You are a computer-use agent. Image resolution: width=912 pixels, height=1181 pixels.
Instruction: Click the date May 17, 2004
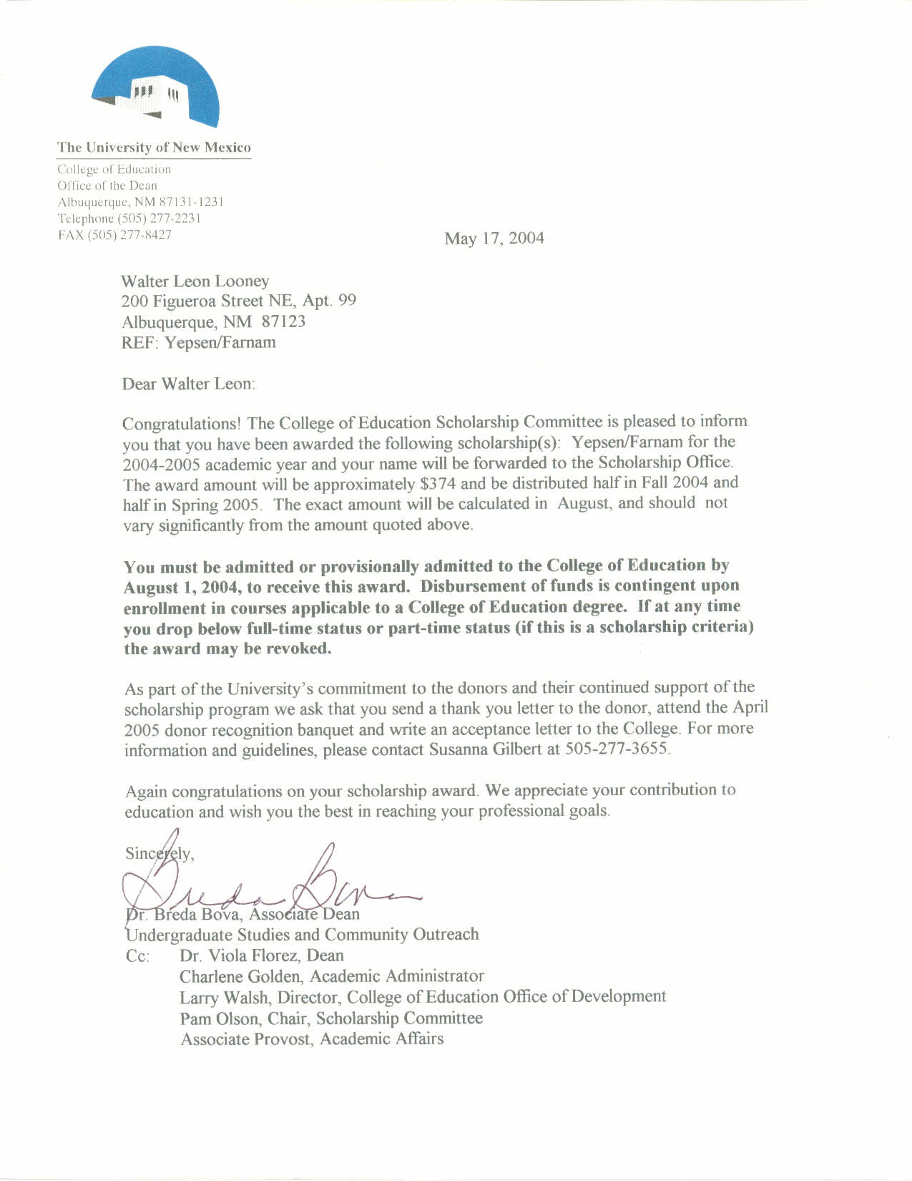point(494,238)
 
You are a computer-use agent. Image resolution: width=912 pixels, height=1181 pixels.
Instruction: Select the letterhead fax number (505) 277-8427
point(129,235)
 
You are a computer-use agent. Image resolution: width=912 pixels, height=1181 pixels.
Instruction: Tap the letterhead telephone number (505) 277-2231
point(159,219)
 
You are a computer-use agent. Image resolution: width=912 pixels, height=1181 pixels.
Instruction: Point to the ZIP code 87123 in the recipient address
point(283,321)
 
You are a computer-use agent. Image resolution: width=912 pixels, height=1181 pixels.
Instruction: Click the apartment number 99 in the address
point(347,301)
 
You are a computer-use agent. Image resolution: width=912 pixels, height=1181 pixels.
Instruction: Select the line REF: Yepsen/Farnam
point(198,342)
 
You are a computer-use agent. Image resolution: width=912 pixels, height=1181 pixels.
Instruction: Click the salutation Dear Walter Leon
point(188,384)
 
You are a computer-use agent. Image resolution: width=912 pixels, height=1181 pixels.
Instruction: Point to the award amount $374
point(438,484)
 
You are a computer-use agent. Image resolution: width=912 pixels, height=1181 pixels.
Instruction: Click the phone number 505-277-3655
point(617,749)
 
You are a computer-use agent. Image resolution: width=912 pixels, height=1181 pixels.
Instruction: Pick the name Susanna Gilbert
point(485,750)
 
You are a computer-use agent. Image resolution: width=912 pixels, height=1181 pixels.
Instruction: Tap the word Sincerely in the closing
point(158,853)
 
